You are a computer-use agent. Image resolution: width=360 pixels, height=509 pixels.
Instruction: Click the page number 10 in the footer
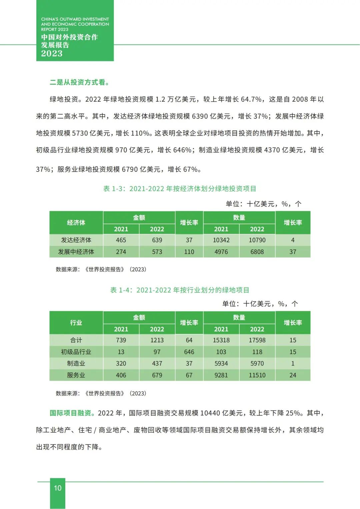[x=58, y=488]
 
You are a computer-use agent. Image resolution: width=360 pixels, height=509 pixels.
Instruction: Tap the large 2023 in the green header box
[x=52, y=53]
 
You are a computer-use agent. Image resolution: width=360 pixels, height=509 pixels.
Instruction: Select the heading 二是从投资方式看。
[x=79, y=82]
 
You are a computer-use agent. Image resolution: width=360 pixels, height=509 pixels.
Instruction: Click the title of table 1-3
[x=180, y=189]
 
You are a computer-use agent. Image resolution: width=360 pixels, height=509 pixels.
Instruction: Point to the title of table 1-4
[x=180, y=290]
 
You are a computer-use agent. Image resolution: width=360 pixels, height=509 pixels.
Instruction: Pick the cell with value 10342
[x=221, y=240]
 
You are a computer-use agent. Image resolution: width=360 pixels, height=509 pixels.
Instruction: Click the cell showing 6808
[x=257, y=252]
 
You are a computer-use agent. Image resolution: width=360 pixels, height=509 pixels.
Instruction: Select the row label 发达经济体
[x=76, y=240]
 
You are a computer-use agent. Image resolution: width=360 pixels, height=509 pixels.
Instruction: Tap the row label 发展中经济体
[x=76, y=252]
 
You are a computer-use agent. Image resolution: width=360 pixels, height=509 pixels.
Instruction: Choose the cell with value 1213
[x=157, y=340]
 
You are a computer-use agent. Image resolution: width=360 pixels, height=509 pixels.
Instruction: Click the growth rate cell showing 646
[x=189, y=352]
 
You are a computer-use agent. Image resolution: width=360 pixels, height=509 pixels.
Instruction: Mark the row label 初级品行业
[x=76, y=352]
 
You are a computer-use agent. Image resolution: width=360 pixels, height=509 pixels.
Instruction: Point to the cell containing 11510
[x=257, y=375]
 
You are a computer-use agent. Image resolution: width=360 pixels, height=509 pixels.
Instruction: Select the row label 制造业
[x=76, y=363]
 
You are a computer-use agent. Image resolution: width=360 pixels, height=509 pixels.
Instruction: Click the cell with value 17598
[x=257, y=340]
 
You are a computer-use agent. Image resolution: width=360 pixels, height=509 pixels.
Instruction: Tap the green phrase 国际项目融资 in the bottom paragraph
[x=70, y=413]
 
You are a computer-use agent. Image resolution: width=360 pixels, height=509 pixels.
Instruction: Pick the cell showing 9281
[x=221, y=375]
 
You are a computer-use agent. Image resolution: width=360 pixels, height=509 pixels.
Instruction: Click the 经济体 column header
[x=76, y=223]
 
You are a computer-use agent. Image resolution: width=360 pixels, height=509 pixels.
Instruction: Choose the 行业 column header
[x=76, y=323]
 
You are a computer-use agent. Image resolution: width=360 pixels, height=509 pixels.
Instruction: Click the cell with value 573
[x=157, y=252]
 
